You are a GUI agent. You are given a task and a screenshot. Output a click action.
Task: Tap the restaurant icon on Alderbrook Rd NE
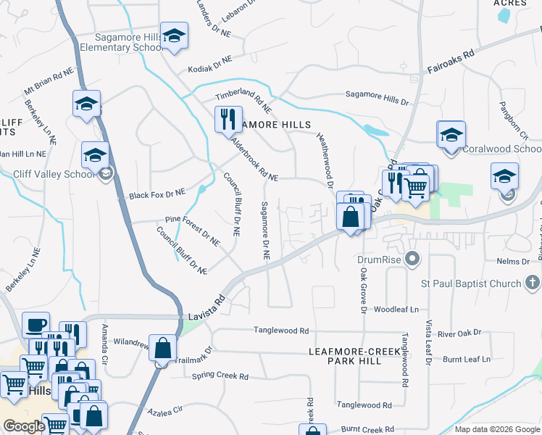tap(228, 118)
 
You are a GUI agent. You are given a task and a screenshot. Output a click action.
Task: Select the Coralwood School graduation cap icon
tap(451, 135)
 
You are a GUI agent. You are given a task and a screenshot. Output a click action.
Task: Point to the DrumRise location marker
tap(413, 258)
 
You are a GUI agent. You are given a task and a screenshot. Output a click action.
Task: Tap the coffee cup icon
tap(36, 325)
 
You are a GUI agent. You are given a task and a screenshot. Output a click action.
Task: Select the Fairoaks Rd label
tap(450, 62)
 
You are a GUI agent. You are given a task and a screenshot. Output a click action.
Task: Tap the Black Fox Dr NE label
tap(157, 194)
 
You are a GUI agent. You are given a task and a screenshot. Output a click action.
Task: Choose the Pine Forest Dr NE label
tap(192, 228)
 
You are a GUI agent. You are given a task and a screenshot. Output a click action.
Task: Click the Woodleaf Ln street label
tap(396, 310)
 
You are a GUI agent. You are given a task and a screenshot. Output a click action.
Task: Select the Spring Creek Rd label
tap(220, 376)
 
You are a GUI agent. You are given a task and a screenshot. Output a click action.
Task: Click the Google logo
tap(24, 426)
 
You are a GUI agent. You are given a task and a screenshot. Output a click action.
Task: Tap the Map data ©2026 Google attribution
tap(497, 429)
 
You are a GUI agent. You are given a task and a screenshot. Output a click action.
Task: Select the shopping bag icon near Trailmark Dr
tap(162, 349)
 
